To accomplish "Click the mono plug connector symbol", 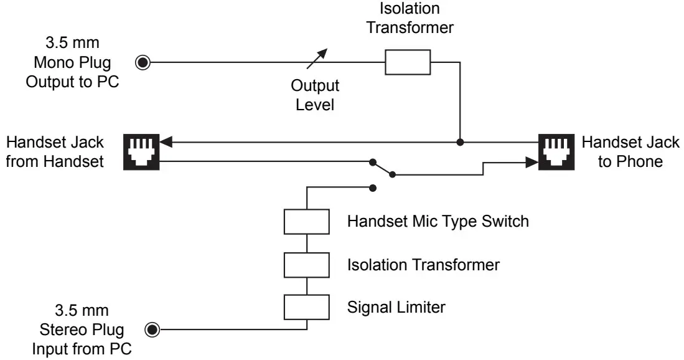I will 144,62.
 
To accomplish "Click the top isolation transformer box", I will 408,62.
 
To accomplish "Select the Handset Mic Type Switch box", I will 306,221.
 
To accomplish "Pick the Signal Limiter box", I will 306,306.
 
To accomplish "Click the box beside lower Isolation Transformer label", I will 306,264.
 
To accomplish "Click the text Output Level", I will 315,95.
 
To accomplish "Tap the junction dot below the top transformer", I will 460,143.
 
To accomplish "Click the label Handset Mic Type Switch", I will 438,221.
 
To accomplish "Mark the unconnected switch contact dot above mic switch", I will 372,187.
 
